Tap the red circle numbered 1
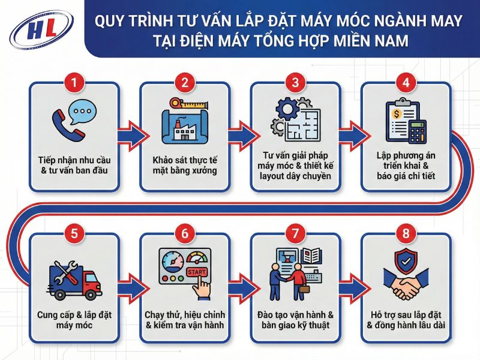(x=74, y=82)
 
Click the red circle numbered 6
(x=184, y=233)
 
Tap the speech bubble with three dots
(x=83, y=112)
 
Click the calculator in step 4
(x=417, y=130)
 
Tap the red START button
(x=197, y=272)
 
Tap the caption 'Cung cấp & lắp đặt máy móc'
(x=74, y=320)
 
